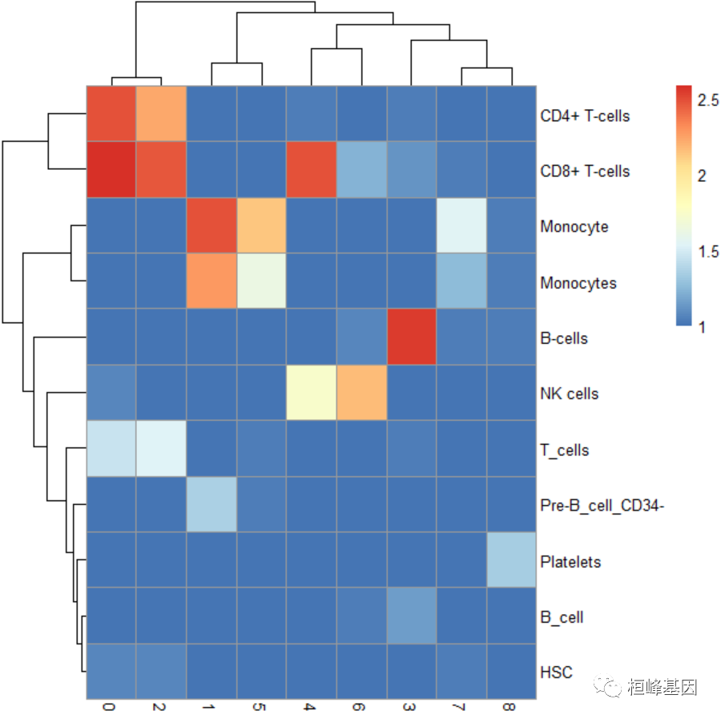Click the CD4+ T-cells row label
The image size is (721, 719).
[x=585, y=115]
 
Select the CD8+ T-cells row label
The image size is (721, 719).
[x=585, y=171]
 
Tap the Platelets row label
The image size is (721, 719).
[x=570, y=562]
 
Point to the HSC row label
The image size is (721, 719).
[x=557, y=672]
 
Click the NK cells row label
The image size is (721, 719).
[x=570, y=394]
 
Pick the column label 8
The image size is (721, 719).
[x=510, y=708]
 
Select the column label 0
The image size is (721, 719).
[x=110, y=708]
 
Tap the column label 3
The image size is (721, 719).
[x=410, y=708]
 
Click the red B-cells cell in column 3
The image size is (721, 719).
[x=411, y=337]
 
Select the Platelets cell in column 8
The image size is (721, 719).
[x=510, y=559]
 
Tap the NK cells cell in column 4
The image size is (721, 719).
[x=311, y=393]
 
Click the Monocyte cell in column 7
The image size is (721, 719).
[x=461, y=225]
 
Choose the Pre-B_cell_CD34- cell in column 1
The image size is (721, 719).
[x=211, y=504]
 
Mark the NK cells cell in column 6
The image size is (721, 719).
[x=360, y=393]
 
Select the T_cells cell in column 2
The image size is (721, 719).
[x=160, y=448]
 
